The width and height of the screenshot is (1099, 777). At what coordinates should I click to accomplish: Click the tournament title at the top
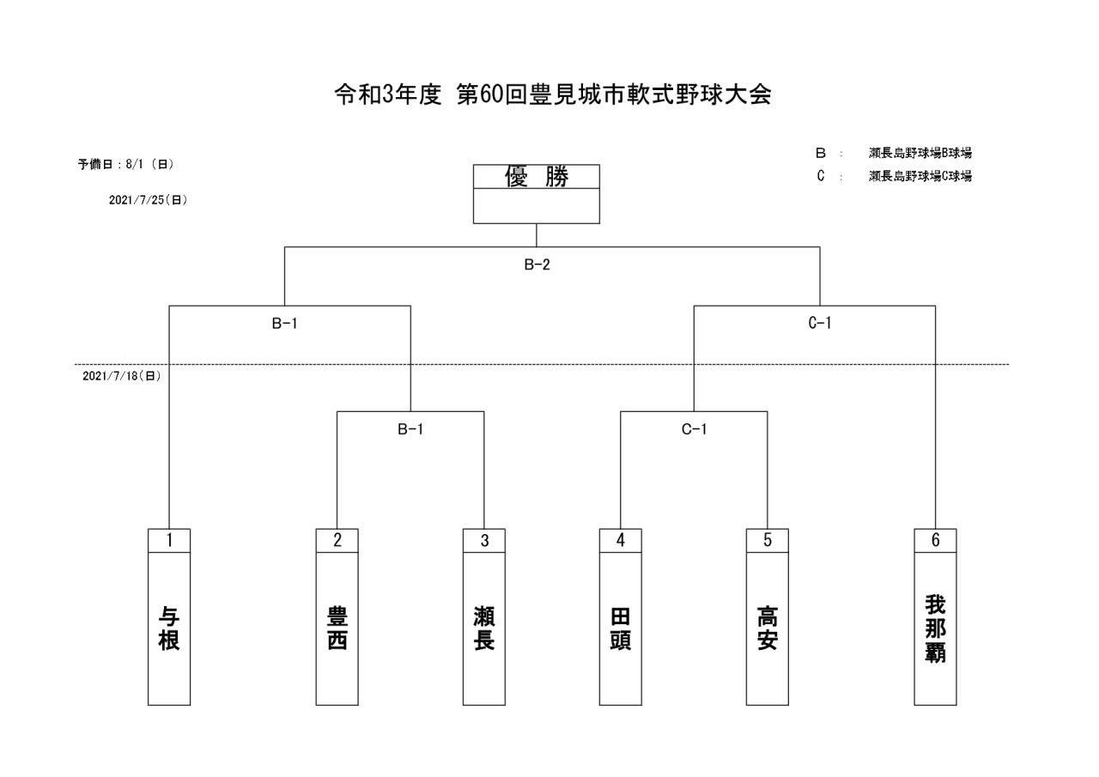pyautogui.click(x=553, y=94)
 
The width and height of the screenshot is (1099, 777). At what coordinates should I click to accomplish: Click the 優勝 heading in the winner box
pyautogui.click(x=537, y=177)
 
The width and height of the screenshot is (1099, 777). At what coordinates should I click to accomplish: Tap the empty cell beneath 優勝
pyautogui.click(x=537, y=206)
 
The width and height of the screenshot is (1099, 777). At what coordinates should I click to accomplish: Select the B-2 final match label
pyautogui.click(x=537, y=264)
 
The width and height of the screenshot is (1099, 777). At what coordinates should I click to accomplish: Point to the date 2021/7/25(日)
pyautogui.click(x=148, y=200)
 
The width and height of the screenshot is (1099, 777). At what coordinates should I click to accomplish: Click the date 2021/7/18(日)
pyautogui.click(x=121, y=376)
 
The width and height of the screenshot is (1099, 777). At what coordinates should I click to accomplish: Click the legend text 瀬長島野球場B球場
pyautogui.click(x=920, y=153)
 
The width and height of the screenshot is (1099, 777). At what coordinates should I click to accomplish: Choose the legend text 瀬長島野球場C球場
pyautogui.click(x=920, y=176)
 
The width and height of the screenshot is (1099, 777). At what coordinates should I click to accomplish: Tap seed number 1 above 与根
pyautogui.click(x=169, y=540)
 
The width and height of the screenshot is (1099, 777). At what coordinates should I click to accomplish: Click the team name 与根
pyautogui.click(x=169, y=628)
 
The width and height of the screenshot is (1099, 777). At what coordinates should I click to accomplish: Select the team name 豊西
pyautogui.click(x=337, y=628)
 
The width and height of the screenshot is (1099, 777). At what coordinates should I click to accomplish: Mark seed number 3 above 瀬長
pyautogui.click(x=484, y=540)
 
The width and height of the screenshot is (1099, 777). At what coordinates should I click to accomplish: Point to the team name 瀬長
pyautogui.click(x=484, y=628)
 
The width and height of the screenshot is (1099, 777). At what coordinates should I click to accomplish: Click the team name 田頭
pyautogui.click(x=620, y=628)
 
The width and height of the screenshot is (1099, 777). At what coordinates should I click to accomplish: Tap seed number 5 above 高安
pyautogui.click(x=767, y=540)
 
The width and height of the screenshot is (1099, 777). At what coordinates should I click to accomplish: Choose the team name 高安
pyautogui.click(x=767, y=628)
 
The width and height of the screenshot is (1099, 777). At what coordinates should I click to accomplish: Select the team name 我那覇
pyautogui.click(x=935, y=628)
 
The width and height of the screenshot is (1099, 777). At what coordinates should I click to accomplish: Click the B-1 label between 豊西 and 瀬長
pyautogui.click(x=410, y=429)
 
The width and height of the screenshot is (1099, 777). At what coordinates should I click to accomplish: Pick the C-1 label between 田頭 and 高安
pyautogui.click(x=694, y=429)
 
